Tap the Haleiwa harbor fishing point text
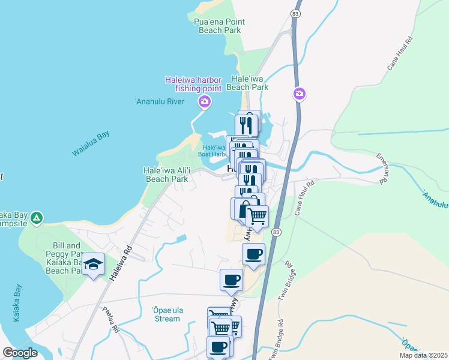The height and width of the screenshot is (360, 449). [194, 84]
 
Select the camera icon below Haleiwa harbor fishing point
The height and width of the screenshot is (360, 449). [204, 102]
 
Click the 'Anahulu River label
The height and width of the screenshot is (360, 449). [160, 101]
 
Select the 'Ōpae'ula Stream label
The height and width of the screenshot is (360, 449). [166, 314]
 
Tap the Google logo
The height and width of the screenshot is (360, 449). [20, 353]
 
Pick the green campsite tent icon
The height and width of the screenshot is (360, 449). [37, 218]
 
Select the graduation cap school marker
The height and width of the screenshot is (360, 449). [93, 264]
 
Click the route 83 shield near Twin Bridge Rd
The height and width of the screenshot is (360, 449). [276, 231]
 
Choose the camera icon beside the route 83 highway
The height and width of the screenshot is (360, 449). [300, 94]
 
